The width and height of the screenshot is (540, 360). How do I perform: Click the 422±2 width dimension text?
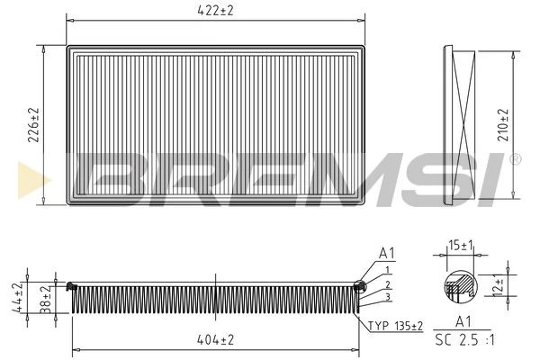[216, 11]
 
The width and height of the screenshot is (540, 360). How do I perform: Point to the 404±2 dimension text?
[216, 339]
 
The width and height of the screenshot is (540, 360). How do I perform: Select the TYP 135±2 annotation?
[396, 325]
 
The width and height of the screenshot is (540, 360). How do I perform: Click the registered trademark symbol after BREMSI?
[515, 159]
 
